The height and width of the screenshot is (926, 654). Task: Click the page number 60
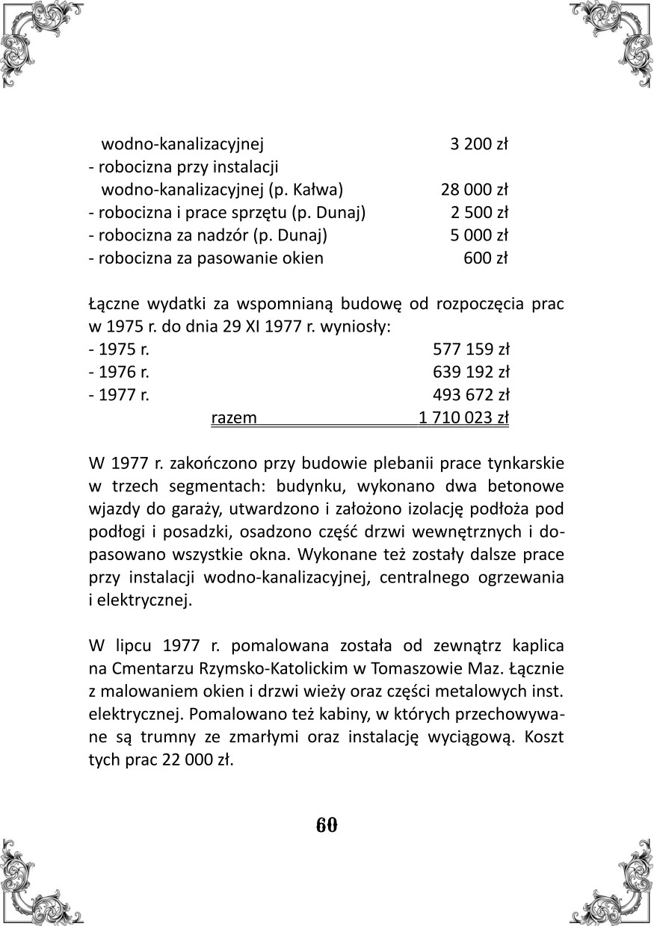(327, 825)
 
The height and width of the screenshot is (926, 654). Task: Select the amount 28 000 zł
(475, 190)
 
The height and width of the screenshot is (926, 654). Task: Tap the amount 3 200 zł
(479, 144)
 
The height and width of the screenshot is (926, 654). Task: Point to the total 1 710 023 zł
(463, 417)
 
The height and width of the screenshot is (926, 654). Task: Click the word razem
(235, 417)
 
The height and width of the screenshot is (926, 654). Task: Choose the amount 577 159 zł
(471, 349)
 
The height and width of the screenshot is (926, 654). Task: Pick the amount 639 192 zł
(471, 372)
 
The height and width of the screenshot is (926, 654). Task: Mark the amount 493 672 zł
(471, 395)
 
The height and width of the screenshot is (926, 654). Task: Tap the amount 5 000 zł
(479, 236)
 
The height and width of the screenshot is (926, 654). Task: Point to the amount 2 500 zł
(479, 213)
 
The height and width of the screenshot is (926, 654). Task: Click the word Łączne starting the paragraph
(112, 305)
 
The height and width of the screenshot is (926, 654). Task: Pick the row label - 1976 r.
(120, 372)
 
